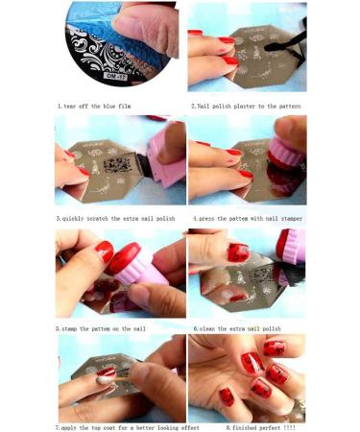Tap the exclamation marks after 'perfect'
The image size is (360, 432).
click(292, 426)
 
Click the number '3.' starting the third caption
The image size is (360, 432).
click(58, 218)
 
